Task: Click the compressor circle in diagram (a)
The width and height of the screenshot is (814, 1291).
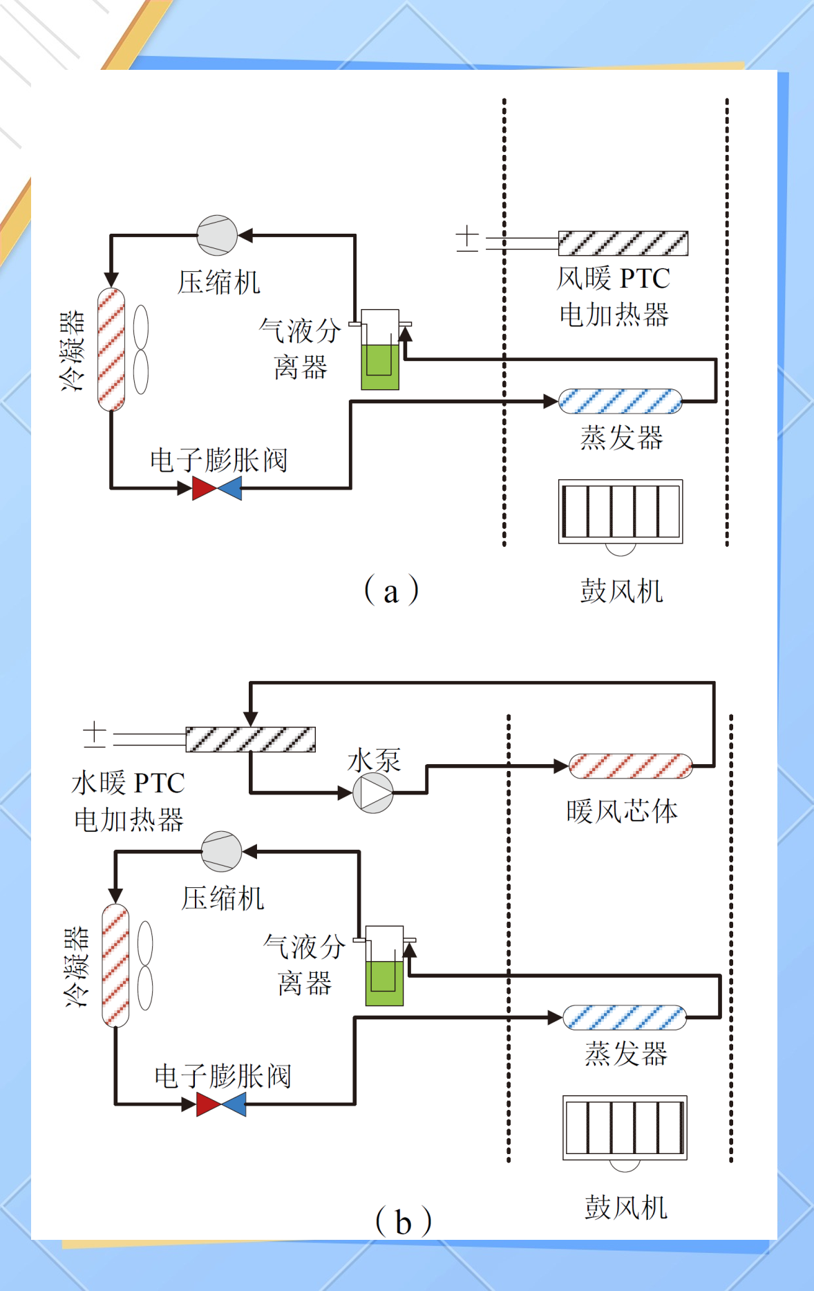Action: tap(217, 235)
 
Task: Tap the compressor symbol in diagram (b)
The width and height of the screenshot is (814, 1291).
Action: tap(221, 851)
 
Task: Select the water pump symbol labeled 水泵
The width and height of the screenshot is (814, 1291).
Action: tap(373, 793)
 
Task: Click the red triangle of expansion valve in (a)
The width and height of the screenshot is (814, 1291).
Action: tap(203, 488)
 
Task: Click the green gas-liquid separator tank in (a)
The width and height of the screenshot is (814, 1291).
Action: tap(380, 366)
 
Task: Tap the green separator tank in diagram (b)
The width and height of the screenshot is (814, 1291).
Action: tap(384, 982)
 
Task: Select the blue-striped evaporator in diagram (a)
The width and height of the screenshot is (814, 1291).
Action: tap(620, 401)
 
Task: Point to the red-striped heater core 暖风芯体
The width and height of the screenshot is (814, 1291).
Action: tap(630, 766)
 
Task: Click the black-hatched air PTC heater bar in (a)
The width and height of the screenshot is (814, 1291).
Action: tap(623, 243)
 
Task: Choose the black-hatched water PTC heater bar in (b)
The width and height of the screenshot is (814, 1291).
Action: tap(251, 739)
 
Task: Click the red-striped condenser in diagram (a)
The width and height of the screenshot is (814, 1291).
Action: tap(111, 349)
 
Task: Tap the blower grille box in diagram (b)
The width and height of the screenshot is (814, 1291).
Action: tap(625, 1128)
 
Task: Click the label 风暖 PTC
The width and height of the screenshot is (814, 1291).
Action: tap(613, 279)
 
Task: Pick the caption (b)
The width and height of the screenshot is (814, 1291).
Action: tap(403, 1221)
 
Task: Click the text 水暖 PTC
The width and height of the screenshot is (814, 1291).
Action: tap(129, 783)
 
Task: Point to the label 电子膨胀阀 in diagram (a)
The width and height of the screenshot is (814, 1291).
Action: tap(218, 460)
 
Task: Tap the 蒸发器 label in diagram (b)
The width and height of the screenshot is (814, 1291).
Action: tap(626, 1054)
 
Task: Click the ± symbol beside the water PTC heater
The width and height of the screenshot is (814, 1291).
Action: tap(95, 734)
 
